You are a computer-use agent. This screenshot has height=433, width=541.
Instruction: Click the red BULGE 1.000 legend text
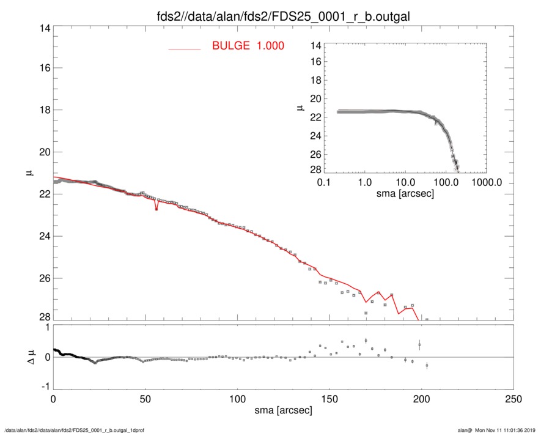coord(248,46)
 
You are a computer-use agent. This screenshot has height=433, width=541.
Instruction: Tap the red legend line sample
coord(185,49)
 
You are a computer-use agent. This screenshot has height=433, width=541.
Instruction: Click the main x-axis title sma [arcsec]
coord(284,411)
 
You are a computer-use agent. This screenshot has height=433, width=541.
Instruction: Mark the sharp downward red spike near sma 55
coord(156,209)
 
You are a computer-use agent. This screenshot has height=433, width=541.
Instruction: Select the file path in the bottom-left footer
coord(75,430)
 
